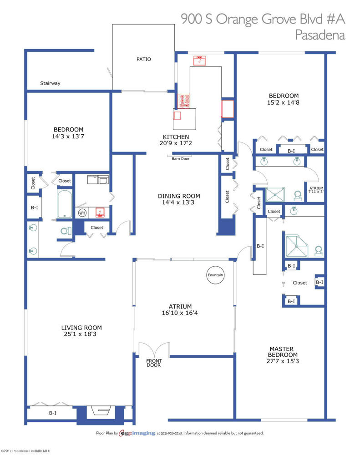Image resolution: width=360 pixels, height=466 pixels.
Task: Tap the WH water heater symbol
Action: [x=82, y=213]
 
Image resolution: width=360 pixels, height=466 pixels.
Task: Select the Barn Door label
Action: [x=180, y=159]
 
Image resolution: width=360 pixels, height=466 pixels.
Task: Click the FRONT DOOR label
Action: [x=154, y=363]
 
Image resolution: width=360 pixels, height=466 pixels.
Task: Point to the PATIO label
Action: [x=143, y=59]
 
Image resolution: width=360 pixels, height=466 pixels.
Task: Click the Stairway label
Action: [x=50, y=83]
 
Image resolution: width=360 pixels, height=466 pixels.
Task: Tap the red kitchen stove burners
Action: [x=184, y=101]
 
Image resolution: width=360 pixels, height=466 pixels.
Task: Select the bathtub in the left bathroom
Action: [x=64, y=204]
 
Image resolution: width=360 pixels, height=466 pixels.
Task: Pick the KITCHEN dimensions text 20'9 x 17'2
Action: [x=176, y=143]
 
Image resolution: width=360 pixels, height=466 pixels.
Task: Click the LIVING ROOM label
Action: [x=81, y=328]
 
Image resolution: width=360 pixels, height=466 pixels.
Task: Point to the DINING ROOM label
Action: [x=179, y=196]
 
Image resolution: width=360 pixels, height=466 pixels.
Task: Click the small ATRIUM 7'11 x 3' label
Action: [x=316, y=190]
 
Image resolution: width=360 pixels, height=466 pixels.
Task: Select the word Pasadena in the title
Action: [x=320, y=35]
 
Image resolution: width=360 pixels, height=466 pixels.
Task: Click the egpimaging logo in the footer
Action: [x=137, y=433]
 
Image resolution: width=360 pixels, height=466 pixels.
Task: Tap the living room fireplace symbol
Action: [x=101, y=411]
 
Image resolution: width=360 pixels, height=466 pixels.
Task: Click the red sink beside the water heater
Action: [x=100, y=213]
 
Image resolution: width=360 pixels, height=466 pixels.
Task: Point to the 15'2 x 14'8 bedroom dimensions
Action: [x=283, y=102]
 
